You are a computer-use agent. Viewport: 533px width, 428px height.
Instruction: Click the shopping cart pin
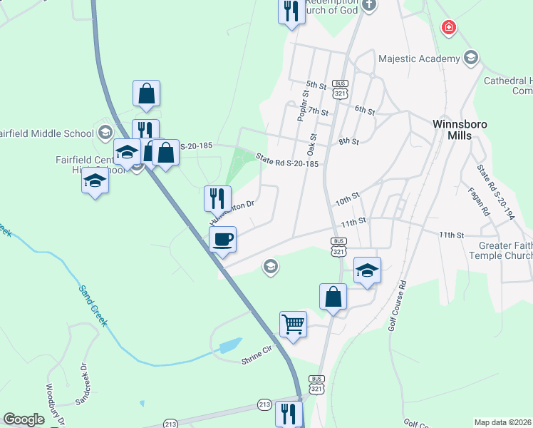(293, 325)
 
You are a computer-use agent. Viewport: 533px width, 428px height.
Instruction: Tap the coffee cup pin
(222, 239)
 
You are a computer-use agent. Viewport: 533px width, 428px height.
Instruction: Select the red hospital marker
(449, 28)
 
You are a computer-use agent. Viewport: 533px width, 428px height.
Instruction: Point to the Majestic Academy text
(420, 58)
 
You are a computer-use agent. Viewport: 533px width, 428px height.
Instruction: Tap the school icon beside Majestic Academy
(470, 58)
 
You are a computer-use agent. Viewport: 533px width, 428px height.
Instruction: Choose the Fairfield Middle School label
(46, 133)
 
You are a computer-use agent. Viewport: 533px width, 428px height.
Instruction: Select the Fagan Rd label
(486, 202)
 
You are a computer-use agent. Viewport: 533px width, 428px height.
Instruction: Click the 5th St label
(316, 86)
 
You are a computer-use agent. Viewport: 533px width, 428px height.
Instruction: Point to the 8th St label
(348, 142)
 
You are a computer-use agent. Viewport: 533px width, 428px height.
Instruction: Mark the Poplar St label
(303, 103)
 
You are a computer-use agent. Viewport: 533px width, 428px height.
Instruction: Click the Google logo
(24, 419)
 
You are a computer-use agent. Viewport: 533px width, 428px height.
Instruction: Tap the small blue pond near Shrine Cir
(230, 347)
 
